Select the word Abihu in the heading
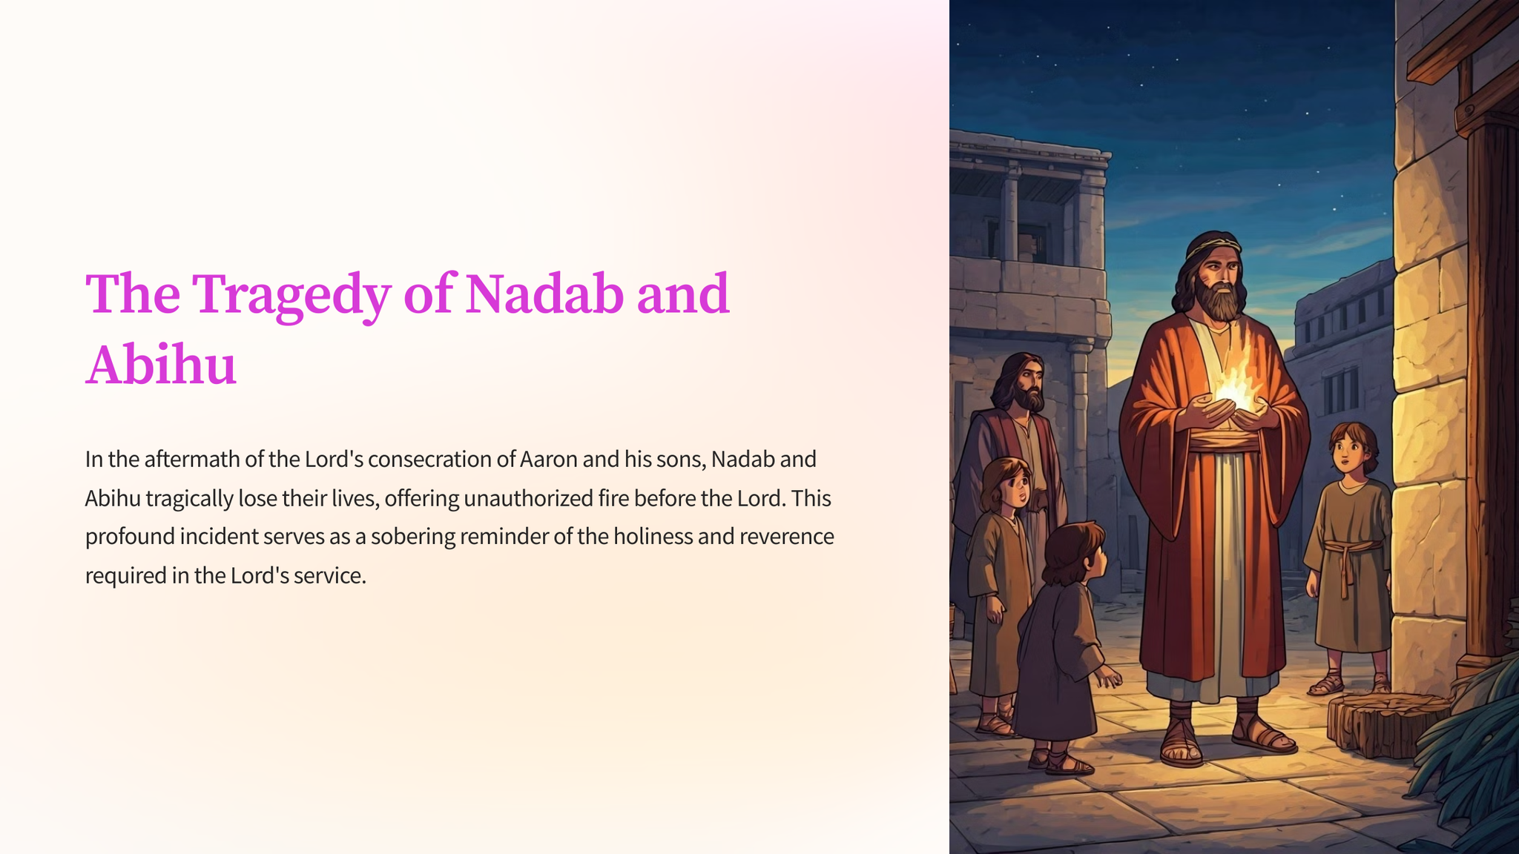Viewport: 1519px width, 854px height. [161, 365]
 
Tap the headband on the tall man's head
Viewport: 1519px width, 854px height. [1212, 246]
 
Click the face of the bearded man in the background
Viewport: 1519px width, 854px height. [1027, 382]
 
